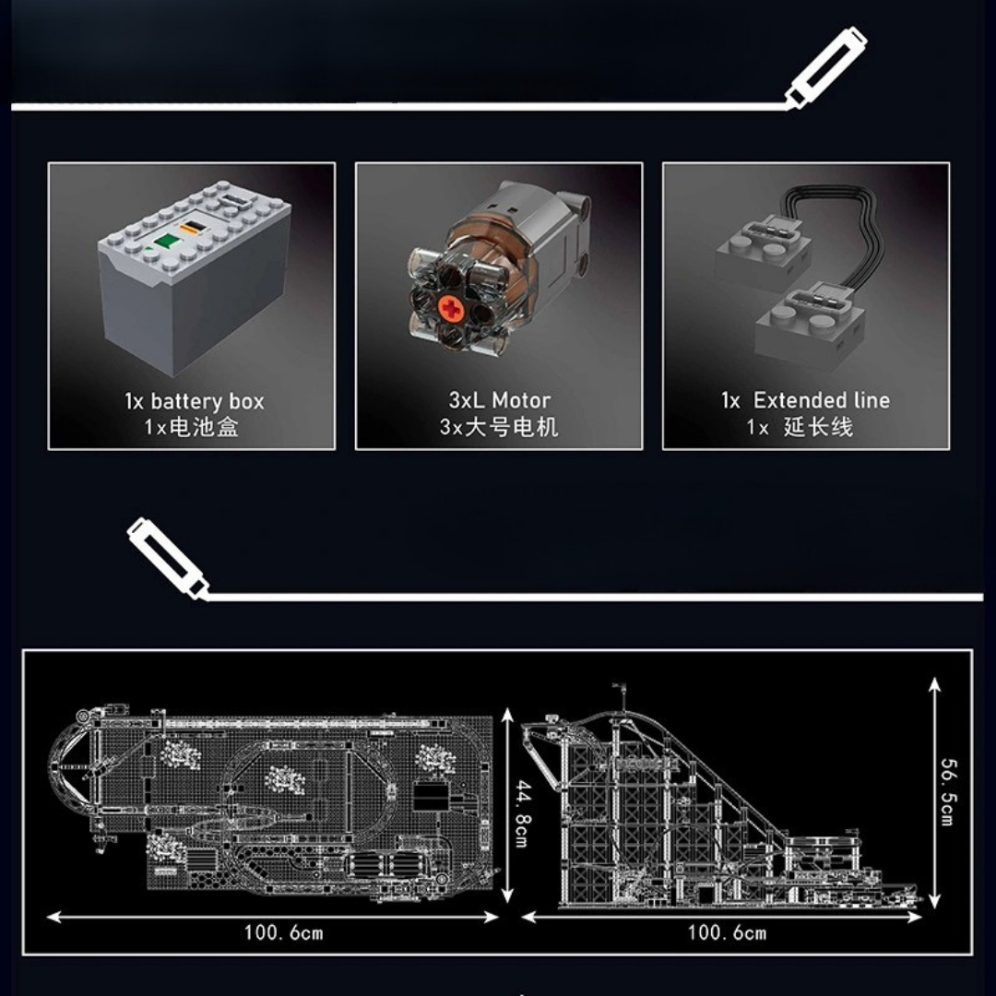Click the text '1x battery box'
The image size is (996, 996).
[x=195, y=401]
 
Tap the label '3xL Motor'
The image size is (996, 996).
[x=499, y=400]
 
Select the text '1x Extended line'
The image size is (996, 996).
[x=805, y=400]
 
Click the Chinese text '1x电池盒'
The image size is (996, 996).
[x=191, y=427]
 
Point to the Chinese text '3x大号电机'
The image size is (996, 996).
[x=499, y=427]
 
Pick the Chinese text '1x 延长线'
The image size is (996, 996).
[x=800, y=427]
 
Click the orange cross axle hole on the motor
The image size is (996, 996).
[x=452, y=309]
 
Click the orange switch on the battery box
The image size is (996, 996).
[x=191, y=228]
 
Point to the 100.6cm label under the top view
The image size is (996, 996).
[x=283, y=933]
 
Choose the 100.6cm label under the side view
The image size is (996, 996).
[x=728, y=933]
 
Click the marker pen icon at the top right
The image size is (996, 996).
[x=825, y=67]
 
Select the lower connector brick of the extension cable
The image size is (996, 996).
[x=809, y=326]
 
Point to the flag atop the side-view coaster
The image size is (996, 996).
[x=617, y=687]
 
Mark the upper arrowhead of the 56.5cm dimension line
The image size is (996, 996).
[x=934, y=683]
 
